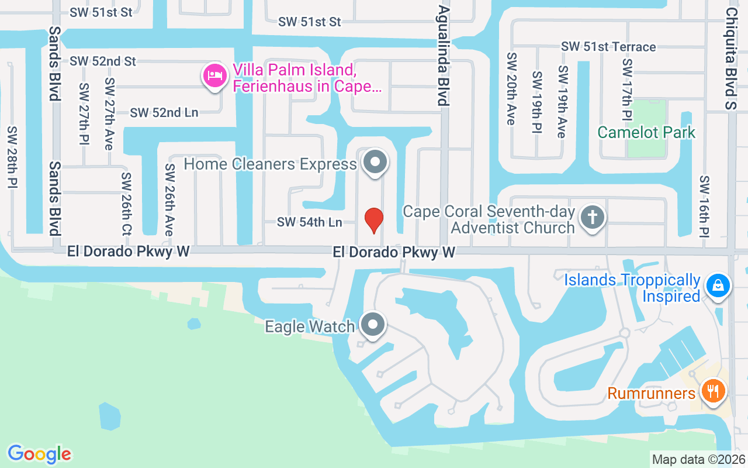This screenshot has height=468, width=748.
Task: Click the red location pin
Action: point(374,219)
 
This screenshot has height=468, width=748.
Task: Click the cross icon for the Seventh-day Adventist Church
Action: point(593,218)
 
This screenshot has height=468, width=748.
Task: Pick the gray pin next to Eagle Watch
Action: point(373,325)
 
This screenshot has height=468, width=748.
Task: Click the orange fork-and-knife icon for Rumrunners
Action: point(712,391)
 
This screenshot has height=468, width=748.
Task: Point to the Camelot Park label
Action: point(646,132)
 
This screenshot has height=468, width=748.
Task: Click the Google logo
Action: point(40,454)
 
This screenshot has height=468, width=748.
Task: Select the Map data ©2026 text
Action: point(699,459)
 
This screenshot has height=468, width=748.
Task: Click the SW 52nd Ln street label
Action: point(164,113)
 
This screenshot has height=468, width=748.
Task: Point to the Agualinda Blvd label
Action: point(444,56)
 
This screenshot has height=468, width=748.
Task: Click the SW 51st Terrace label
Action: point(608,47)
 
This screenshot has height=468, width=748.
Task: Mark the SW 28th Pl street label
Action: point(12,157)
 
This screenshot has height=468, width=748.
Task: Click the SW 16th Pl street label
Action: point(704,207)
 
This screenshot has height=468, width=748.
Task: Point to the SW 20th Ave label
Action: point(511,88)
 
